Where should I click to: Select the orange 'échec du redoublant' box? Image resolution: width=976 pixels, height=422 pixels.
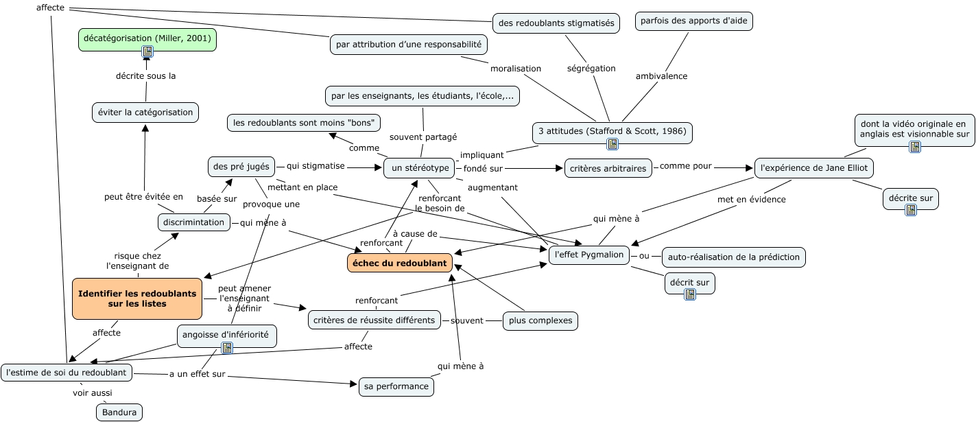pos(400,263)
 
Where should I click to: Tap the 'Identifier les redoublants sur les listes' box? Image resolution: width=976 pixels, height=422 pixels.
pos(137,298)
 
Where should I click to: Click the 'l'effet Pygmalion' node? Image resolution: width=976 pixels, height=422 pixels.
pos(590,255)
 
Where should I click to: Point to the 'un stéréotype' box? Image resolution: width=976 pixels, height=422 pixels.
pos(420,167)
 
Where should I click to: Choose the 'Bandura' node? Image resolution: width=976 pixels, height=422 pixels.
pos(119,412)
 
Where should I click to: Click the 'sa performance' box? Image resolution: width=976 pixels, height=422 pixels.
pos(396,386)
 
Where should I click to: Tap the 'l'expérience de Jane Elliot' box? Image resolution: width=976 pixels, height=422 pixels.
pos(813,167)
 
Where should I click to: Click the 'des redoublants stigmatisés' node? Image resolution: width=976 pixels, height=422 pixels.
pos(556,23)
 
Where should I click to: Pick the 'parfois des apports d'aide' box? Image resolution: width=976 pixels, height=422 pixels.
pos(693,21)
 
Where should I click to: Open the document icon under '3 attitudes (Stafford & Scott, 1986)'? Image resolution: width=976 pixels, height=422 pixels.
pos(612,143)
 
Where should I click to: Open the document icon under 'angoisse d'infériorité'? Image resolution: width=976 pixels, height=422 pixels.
pos(227,348)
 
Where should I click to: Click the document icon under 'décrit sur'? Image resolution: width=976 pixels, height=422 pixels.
pos(690,294)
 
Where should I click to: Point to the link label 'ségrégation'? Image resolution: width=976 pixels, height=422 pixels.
pos(591,68)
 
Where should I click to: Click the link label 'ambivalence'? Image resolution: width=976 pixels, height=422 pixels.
pos(661,76)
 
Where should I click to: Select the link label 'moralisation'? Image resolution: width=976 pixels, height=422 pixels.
pos(515,68)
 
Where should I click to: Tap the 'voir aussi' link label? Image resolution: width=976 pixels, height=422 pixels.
pos(92,392)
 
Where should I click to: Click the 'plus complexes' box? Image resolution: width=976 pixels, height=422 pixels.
pos(540,320)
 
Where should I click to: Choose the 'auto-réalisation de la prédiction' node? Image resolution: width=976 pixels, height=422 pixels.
pos(733,257)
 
